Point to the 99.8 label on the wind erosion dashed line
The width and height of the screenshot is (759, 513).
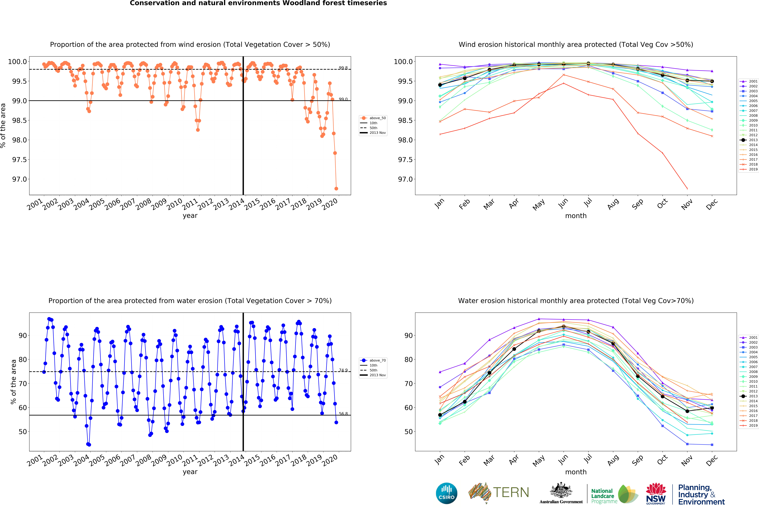click(x=343, y=68)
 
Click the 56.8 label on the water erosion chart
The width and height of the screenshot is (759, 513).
click(x=343, y=414)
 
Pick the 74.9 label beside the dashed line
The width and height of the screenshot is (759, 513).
click(x=343, y=370)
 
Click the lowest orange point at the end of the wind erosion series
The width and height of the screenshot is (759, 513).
click(x=336, y=189)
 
